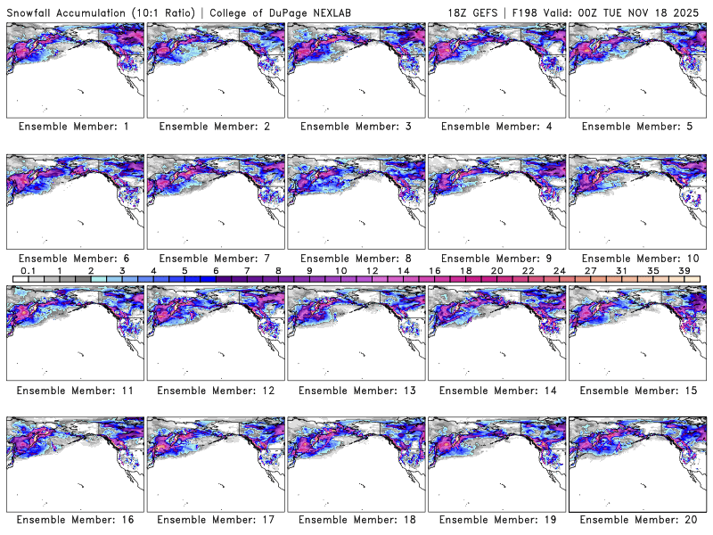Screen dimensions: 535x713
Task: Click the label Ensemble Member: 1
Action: click(x=74, y=127)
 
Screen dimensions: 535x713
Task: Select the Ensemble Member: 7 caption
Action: click(x=215, y=258)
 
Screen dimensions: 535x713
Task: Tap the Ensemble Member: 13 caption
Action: click(x=356, y=390)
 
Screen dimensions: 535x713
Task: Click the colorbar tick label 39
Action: click(x=684, y=270)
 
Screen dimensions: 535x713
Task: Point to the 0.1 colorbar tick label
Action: click(x=28, y=270)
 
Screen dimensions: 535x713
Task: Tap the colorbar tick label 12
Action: click(x=372, y=270)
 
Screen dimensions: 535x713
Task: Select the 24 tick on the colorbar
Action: click(x=559, y=270)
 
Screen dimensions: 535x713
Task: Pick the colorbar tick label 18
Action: click(x=465, y=270)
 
